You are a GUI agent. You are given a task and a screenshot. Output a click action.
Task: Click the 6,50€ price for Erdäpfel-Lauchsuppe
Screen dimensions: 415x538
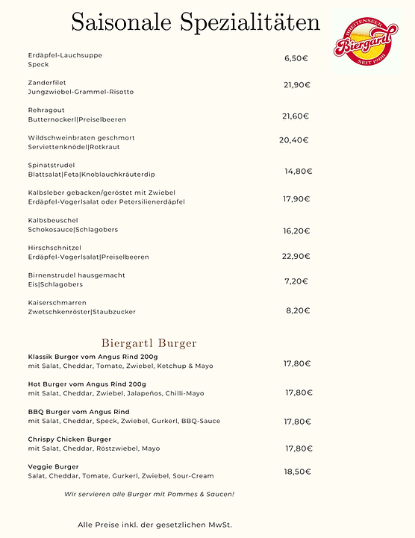point(297,58)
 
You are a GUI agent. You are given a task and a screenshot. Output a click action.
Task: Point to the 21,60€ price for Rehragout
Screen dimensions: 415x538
point(296,116)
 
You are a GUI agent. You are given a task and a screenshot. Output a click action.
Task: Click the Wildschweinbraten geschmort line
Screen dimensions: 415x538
point(81,138)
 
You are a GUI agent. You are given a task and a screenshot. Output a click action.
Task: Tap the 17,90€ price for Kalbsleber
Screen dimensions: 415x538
point(296,199)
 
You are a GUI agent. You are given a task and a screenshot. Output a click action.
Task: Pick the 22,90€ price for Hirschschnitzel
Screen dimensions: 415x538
point(296,256)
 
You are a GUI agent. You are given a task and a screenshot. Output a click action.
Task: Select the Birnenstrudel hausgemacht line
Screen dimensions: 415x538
point(77,275)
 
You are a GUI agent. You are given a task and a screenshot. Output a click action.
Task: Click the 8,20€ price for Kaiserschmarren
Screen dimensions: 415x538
point(298,310)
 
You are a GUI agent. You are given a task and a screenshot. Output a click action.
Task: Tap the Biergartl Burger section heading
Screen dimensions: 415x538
point(149,343)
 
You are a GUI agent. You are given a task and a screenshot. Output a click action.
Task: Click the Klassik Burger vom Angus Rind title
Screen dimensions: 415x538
point(93,357)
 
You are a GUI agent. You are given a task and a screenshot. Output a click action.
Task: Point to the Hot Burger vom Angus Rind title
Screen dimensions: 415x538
point(87,384)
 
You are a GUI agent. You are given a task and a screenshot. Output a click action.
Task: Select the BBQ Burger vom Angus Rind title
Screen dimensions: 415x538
point(79,411)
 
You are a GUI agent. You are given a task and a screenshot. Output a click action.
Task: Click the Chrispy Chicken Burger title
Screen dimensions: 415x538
point(69,439)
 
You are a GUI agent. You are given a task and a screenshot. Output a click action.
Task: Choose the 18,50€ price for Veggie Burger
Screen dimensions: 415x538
point(297,472)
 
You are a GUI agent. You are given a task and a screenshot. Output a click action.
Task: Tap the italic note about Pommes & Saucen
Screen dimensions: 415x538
point(149,494)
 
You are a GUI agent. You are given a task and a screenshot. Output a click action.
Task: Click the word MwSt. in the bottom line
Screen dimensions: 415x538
point(219,525)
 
